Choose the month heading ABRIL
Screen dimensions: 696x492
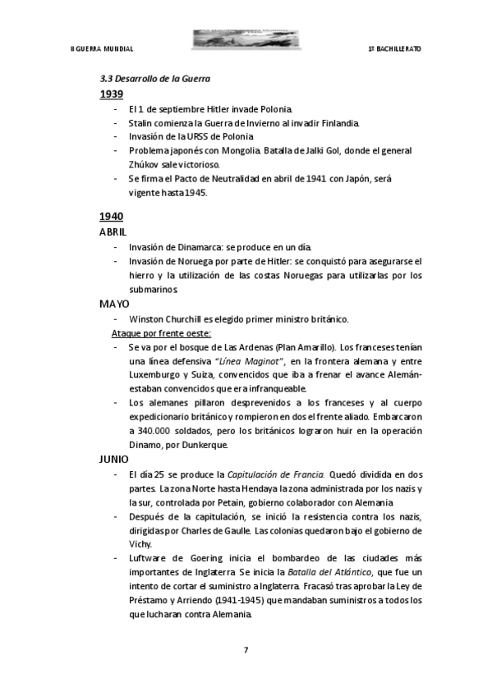(113, 232)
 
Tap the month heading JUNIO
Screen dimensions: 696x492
(113, 459)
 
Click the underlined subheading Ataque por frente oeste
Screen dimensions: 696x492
(161, 333)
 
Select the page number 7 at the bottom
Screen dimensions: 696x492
(246, 650)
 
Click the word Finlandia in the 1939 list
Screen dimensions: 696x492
(338, 122)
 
